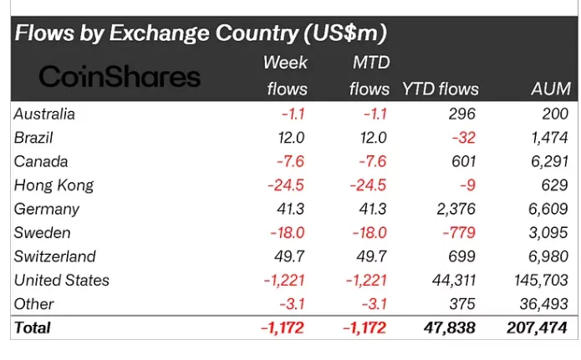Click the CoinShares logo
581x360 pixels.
point(120,77)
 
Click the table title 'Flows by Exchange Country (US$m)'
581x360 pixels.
point(201,34)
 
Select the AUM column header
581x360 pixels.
point(550,89)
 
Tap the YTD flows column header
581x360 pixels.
point(441,89)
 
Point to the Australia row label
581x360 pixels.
point(44,114)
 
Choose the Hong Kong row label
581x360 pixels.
point(54,185)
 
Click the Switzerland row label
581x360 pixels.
point(55,256)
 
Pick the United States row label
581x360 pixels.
point(62,281)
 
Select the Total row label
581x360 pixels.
point(33,327)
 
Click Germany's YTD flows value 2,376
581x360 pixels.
point(456,209)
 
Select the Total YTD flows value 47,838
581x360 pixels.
point(450,327)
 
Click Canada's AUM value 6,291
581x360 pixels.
point(548,161)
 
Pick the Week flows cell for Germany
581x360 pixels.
point(291,209)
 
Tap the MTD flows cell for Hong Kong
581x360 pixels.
point(369,185)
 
